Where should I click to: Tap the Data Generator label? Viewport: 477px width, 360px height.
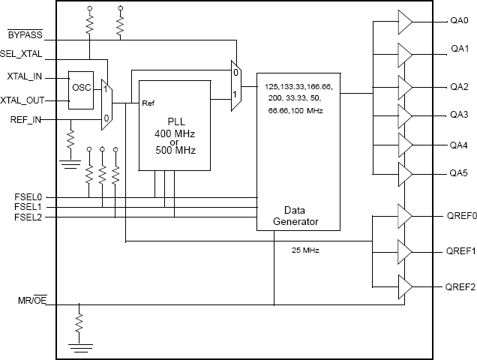298,215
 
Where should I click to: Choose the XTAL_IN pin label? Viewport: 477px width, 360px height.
26,77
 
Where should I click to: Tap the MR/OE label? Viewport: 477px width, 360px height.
35,301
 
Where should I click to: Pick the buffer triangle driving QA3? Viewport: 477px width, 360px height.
403,115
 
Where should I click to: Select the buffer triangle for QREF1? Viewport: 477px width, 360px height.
403,251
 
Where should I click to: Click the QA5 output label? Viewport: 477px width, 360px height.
459,172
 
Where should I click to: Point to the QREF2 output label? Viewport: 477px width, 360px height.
460,287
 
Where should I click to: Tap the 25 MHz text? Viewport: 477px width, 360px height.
304,250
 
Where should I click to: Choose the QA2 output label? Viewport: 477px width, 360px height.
459,85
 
